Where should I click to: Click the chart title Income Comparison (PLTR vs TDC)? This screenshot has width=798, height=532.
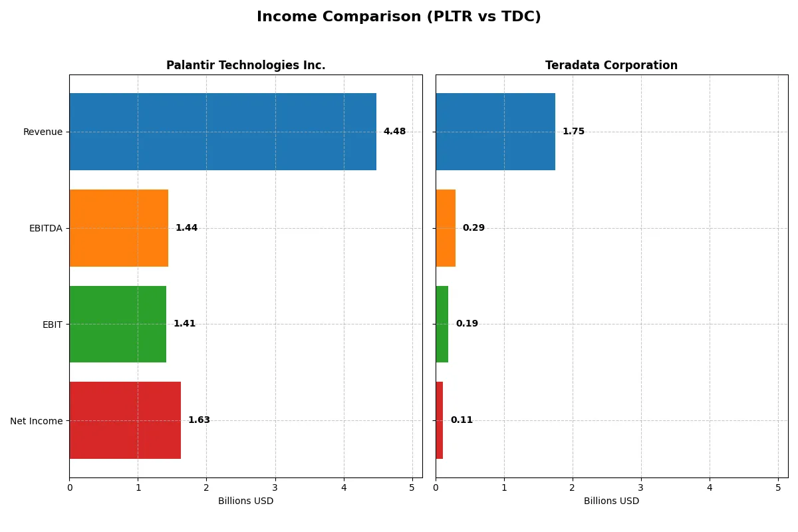click(x=398, y=17)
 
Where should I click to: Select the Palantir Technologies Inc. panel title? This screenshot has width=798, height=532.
click(x=245, y=65)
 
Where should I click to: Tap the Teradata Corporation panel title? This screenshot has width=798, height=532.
click(x=611, y=65)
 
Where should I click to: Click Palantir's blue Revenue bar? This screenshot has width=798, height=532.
click(x=223, y=132)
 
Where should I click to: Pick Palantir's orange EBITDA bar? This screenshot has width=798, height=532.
click(x=118, y=228)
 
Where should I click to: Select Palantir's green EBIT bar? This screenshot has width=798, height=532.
click(x=118, y=324)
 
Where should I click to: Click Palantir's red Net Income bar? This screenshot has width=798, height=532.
click(x=125, y=420)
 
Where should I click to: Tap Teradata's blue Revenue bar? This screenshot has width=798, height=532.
click(x=495, y=132)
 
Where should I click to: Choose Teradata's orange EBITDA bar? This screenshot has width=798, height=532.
click(x=446, y=228)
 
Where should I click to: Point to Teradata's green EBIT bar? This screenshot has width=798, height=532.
click(x=442, y=324)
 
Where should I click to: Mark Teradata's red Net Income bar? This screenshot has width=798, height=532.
click(x=440, y=420)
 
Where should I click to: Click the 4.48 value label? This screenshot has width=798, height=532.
click(x=394, y=132)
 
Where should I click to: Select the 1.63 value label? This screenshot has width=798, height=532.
click(x=199, y=420)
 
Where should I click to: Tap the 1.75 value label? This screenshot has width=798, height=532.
click(x=573, y=132)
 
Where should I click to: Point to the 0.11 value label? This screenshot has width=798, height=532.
click(x=462, y=420)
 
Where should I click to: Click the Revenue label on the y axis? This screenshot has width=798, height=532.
click(x=43, y=132)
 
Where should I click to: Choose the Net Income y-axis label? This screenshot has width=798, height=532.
click(x=36, y=421)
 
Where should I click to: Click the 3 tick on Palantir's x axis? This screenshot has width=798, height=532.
click(x=275, y=487)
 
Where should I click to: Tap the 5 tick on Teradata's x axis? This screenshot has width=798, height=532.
click(x=778, y=487)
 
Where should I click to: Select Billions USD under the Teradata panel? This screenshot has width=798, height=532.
click(x=611, y=501)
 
